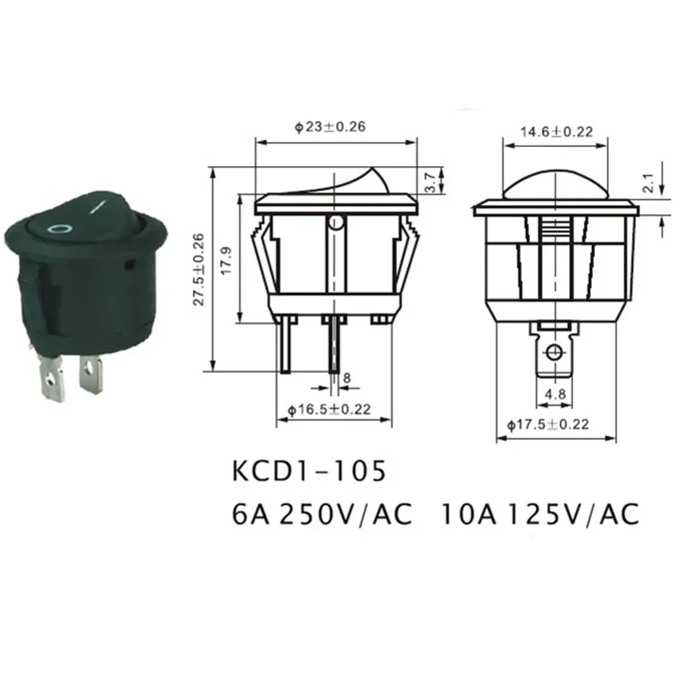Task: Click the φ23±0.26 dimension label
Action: (330, 127)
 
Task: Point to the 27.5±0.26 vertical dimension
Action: (199, 269)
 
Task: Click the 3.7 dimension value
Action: (429, 181)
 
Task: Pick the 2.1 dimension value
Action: (648, 183)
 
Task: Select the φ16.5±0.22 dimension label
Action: (329, 410)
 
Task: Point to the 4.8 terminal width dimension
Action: (553, 395)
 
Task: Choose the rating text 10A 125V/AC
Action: (540, 514)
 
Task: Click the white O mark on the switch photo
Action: (58, 229)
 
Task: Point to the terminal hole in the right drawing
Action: (555, 353)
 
